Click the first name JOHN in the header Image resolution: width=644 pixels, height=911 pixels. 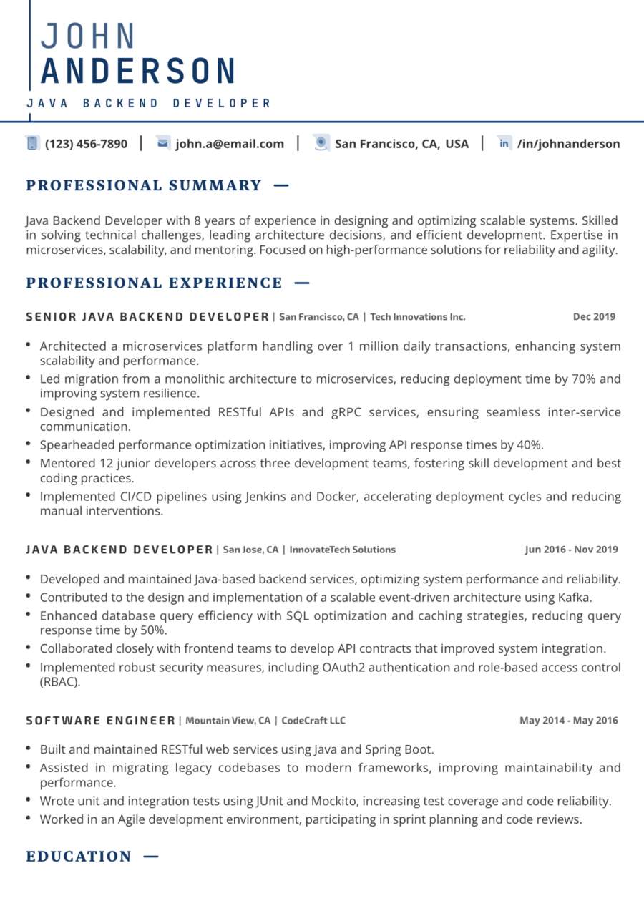[89, 36]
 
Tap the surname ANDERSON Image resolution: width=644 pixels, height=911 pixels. [139, 72]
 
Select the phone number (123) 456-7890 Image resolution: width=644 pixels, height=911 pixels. [87, 144]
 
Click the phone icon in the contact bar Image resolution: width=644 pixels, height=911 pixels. [32, 143]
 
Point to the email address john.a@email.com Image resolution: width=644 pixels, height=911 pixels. [230, 144]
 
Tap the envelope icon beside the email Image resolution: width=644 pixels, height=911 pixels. [162, 143]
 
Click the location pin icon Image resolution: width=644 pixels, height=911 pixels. [321, 143]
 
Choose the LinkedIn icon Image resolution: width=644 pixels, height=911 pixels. [504, 143]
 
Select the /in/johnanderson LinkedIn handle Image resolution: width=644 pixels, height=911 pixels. [569, 144]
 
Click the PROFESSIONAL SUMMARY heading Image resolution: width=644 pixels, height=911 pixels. [144, 186]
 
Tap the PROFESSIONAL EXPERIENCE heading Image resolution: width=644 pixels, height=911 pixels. [155, 283]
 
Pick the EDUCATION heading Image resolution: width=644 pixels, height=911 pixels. [79, 857]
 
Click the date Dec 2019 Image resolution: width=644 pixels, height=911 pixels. [594, 316]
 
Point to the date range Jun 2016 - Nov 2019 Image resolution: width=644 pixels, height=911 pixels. [571, 550]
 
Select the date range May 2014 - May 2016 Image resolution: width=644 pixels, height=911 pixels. [568, 720]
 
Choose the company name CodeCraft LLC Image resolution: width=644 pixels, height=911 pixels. [313, 720]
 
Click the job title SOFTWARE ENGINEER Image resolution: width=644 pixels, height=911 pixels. [101, 720]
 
